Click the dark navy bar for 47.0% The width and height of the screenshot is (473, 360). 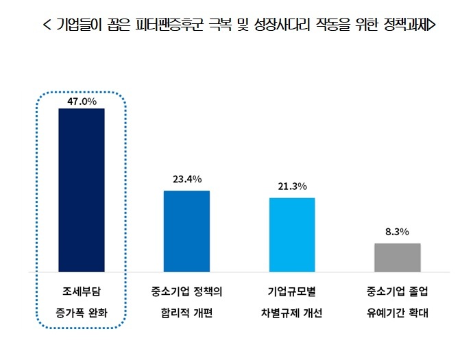[x=82, y=190]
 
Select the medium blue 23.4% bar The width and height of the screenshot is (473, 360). [x=186, y=231]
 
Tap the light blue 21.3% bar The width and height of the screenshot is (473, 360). [x=291, y=235]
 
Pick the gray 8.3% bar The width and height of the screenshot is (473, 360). [x=397, y=257]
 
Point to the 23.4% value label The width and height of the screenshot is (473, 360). [x=186, y=180]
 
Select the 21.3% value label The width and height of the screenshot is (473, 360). [x=292, y=187]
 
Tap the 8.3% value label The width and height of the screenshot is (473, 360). [x=397, y=232]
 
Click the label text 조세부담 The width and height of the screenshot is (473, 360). [x=82, y=291]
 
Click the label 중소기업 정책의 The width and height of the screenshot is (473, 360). [x=186, y=291]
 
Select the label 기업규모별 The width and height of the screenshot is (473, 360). [x=292, y=291]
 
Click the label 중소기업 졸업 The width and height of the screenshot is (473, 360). [x=397, y=291]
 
